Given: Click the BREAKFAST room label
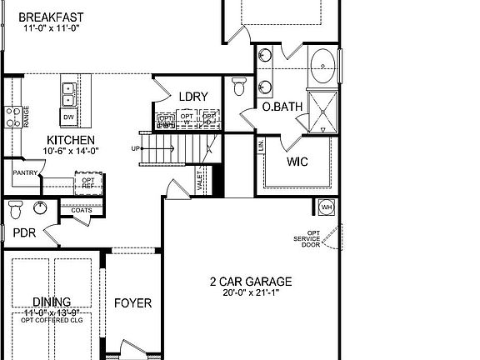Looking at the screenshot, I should (51, 17).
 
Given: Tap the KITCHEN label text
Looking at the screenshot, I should (70, 140).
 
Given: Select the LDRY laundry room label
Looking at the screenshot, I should (188, 96).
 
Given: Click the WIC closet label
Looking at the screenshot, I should (297, 162).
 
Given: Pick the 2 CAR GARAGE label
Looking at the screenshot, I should (250, 282).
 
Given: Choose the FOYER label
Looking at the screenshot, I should (132, 302).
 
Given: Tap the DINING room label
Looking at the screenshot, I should (51, 302).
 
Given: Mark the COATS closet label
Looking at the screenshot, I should (81, 210).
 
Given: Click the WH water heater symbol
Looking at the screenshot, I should (327, 207).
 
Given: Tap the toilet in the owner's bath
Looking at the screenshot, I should (240, 87).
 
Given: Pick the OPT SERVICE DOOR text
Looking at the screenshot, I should (312, 239).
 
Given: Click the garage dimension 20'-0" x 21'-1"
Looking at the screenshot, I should (250, 292).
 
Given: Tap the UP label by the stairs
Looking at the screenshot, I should (135, 148).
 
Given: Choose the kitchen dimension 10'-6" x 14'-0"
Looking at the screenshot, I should (72, 151).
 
